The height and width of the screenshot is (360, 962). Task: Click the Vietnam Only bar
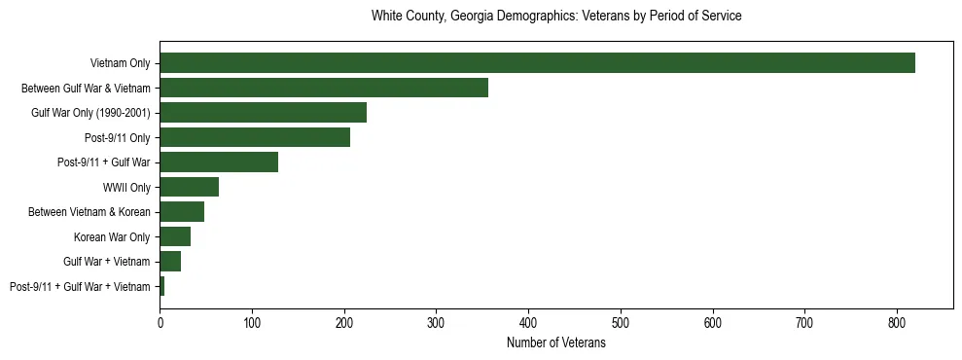coord(537,63)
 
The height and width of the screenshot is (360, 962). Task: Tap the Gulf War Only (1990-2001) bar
coord(263,113)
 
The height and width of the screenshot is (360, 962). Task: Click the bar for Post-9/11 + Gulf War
coord(219,162)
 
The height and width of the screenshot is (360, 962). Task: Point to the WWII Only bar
coord(189,187)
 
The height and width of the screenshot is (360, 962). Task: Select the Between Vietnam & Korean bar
coord(182,212)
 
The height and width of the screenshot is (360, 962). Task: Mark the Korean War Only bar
coord(175,236)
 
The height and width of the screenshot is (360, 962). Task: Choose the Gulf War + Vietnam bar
coord(170,262)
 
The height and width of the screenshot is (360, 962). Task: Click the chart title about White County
coord(556,17)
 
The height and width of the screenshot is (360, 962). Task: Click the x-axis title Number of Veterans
coord(556,343)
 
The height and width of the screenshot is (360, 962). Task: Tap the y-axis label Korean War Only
coord(112,236)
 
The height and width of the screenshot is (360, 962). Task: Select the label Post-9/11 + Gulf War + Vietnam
coord(80,286)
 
